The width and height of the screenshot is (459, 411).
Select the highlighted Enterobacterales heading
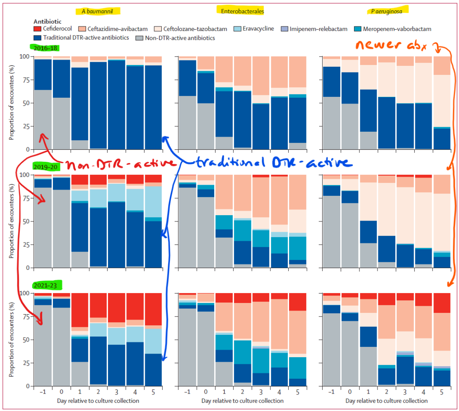tap(240, 10)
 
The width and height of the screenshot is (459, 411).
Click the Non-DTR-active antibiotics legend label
tap(177, 38)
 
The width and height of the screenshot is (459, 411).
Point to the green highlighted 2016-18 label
tap(45, 48)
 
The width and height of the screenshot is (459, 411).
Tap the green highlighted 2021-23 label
tap(47, 284)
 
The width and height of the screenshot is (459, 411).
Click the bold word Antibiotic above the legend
tap(48, 21)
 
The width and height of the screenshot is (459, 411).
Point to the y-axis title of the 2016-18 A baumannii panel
tap(12, 103)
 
